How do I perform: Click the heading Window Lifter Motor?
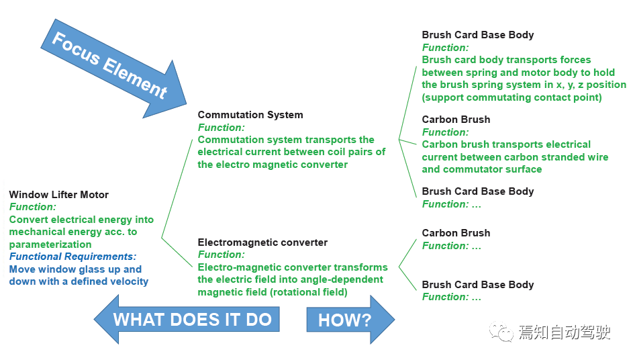pos(58,195)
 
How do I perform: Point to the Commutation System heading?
pos(250,115)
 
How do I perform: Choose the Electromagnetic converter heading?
pos(262,242)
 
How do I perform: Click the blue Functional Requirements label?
pos(72,257)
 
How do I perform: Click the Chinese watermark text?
pos(564,332)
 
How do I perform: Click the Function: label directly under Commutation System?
pos(221,128)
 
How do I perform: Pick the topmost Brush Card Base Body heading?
pos(477,35)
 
